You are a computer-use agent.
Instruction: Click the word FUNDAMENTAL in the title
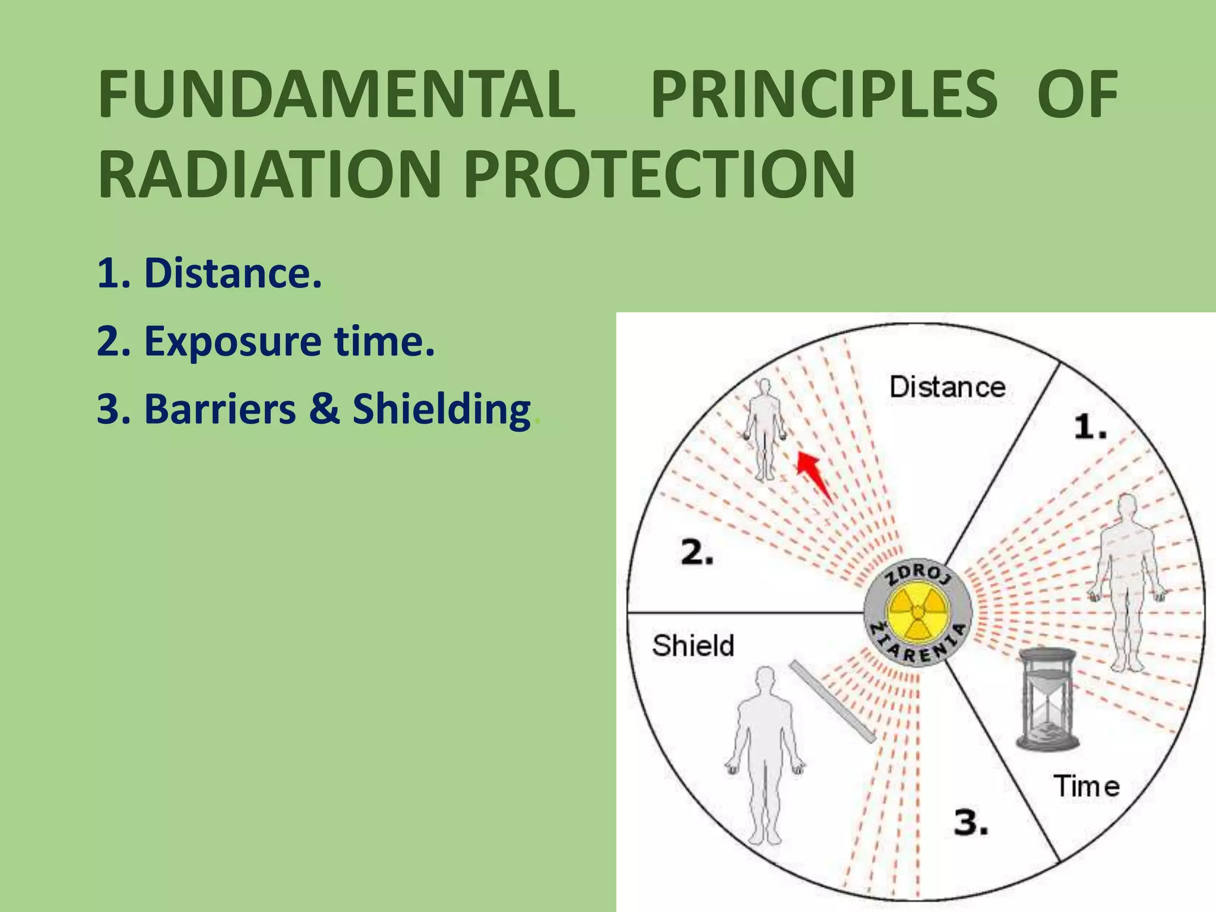coord(337,95)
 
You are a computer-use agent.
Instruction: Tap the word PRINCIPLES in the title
coord(824,95)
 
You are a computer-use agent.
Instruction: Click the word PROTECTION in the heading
coord(660,175)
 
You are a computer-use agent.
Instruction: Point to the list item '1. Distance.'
coord(209,274)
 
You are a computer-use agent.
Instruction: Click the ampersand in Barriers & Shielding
coord(324,409)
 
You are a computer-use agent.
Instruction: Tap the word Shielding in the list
coord(441,410)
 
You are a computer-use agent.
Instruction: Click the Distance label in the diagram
coord(947,388)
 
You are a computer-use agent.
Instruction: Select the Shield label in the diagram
coord(693,645)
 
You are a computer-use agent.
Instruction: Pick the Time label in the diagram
coord(1086,786)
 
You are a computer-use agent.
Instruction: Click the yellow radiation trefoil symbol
coord(917,612)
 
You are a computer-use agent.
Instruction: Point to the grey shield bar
coord(832,701)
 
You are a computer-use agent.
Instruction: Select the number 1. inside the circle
coord(1090,427)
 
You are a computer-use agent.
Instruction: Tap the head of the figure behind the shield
coord(765,679)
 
